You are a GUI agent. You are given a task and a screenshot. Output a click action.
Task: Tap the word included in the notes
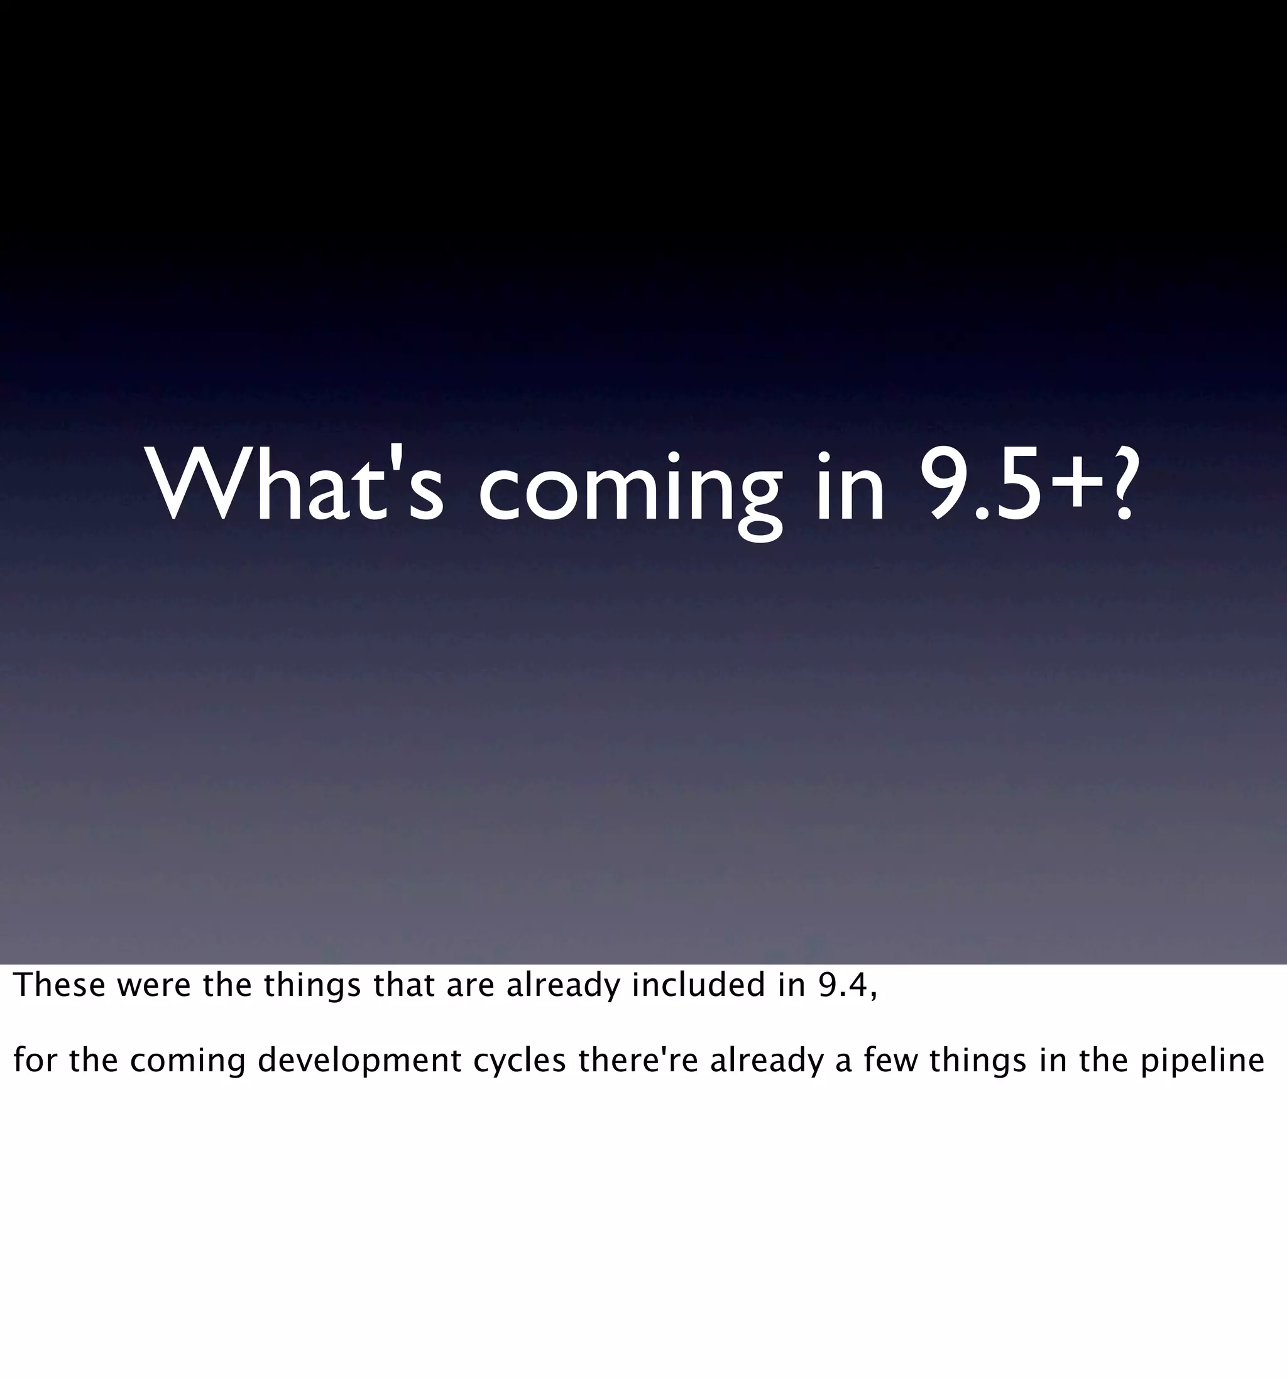pyautogui.click(x=698, y=986)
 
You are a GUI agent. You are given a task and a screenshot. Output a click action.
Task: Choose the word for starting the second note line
pyautogui.click(x=35, y=1061)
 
